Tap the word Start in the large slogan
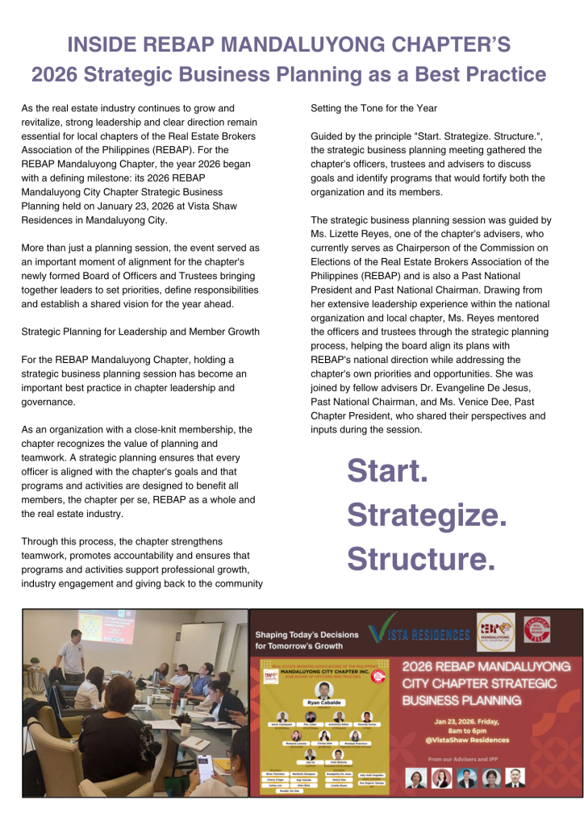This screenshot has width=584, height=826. (387, 472)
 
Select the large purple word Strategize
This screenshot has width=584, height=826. (427, 515)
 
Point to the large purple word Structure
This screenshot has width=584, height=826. (421, 558)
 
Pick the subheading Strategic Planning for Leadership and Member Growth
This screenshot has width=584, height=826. (140, 331)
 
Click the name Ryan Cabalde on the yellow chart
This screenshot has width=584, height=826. (322, 702)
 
